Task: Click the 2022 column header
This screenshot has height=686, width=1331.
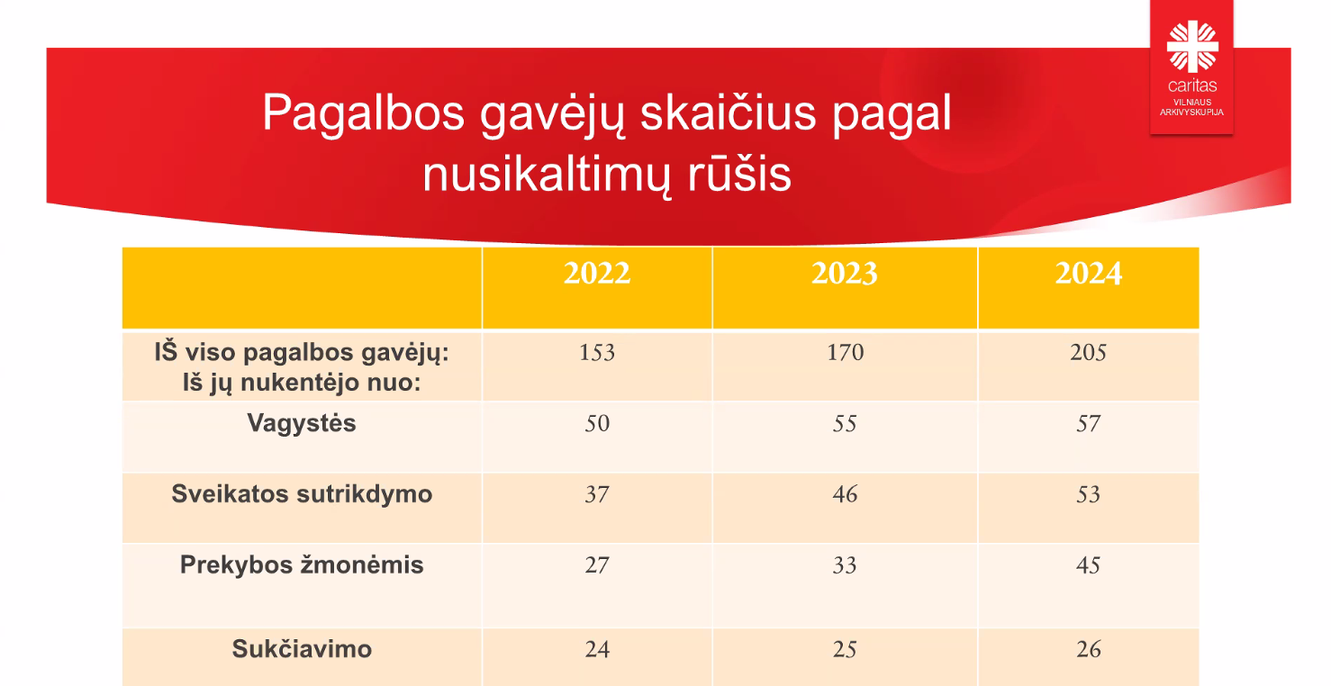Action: click(596, 273)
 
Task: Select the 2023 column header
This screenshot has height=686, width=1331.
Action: click(845, 273)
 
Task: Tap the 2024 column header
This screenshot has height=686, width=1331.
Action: click(1088, 273)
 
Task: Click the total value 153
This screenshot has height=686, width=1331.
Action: click(596, 352)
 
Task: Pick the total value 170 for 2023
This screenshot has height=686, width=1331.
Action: click(845, 352)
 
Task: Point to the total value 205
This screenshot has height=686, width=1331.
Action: click(1088, 352)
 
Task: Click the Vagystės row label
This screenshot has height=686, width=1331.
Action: click(302, 424)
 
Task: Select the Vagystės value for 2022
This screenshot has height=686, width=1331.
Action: click(597, 423)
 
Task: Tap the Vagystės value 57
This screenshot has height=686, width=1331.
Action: click(1088, 423)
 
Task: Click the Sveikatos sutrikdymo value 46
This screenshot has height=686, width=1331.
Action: click(845, 494)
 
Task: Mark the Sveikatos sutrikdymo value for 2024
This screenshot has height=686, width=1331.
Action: click(1088, 494)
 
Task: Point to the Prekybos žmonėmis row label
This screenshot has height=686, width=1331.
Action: click(302, 564)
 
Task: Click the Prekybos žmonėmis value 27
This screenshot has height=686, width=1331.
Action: click(597, 564)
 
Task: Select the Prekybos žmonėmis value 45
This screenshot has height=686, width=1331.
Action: click(1088, 564)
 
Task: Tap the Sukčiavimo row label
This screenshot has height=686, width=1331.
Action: click(302, 648)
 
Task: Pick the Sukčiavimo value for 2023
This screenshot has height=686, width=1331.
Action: click(845, 649)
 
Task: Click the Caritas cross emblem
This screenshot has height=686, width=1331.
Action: click(1192, 46)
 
